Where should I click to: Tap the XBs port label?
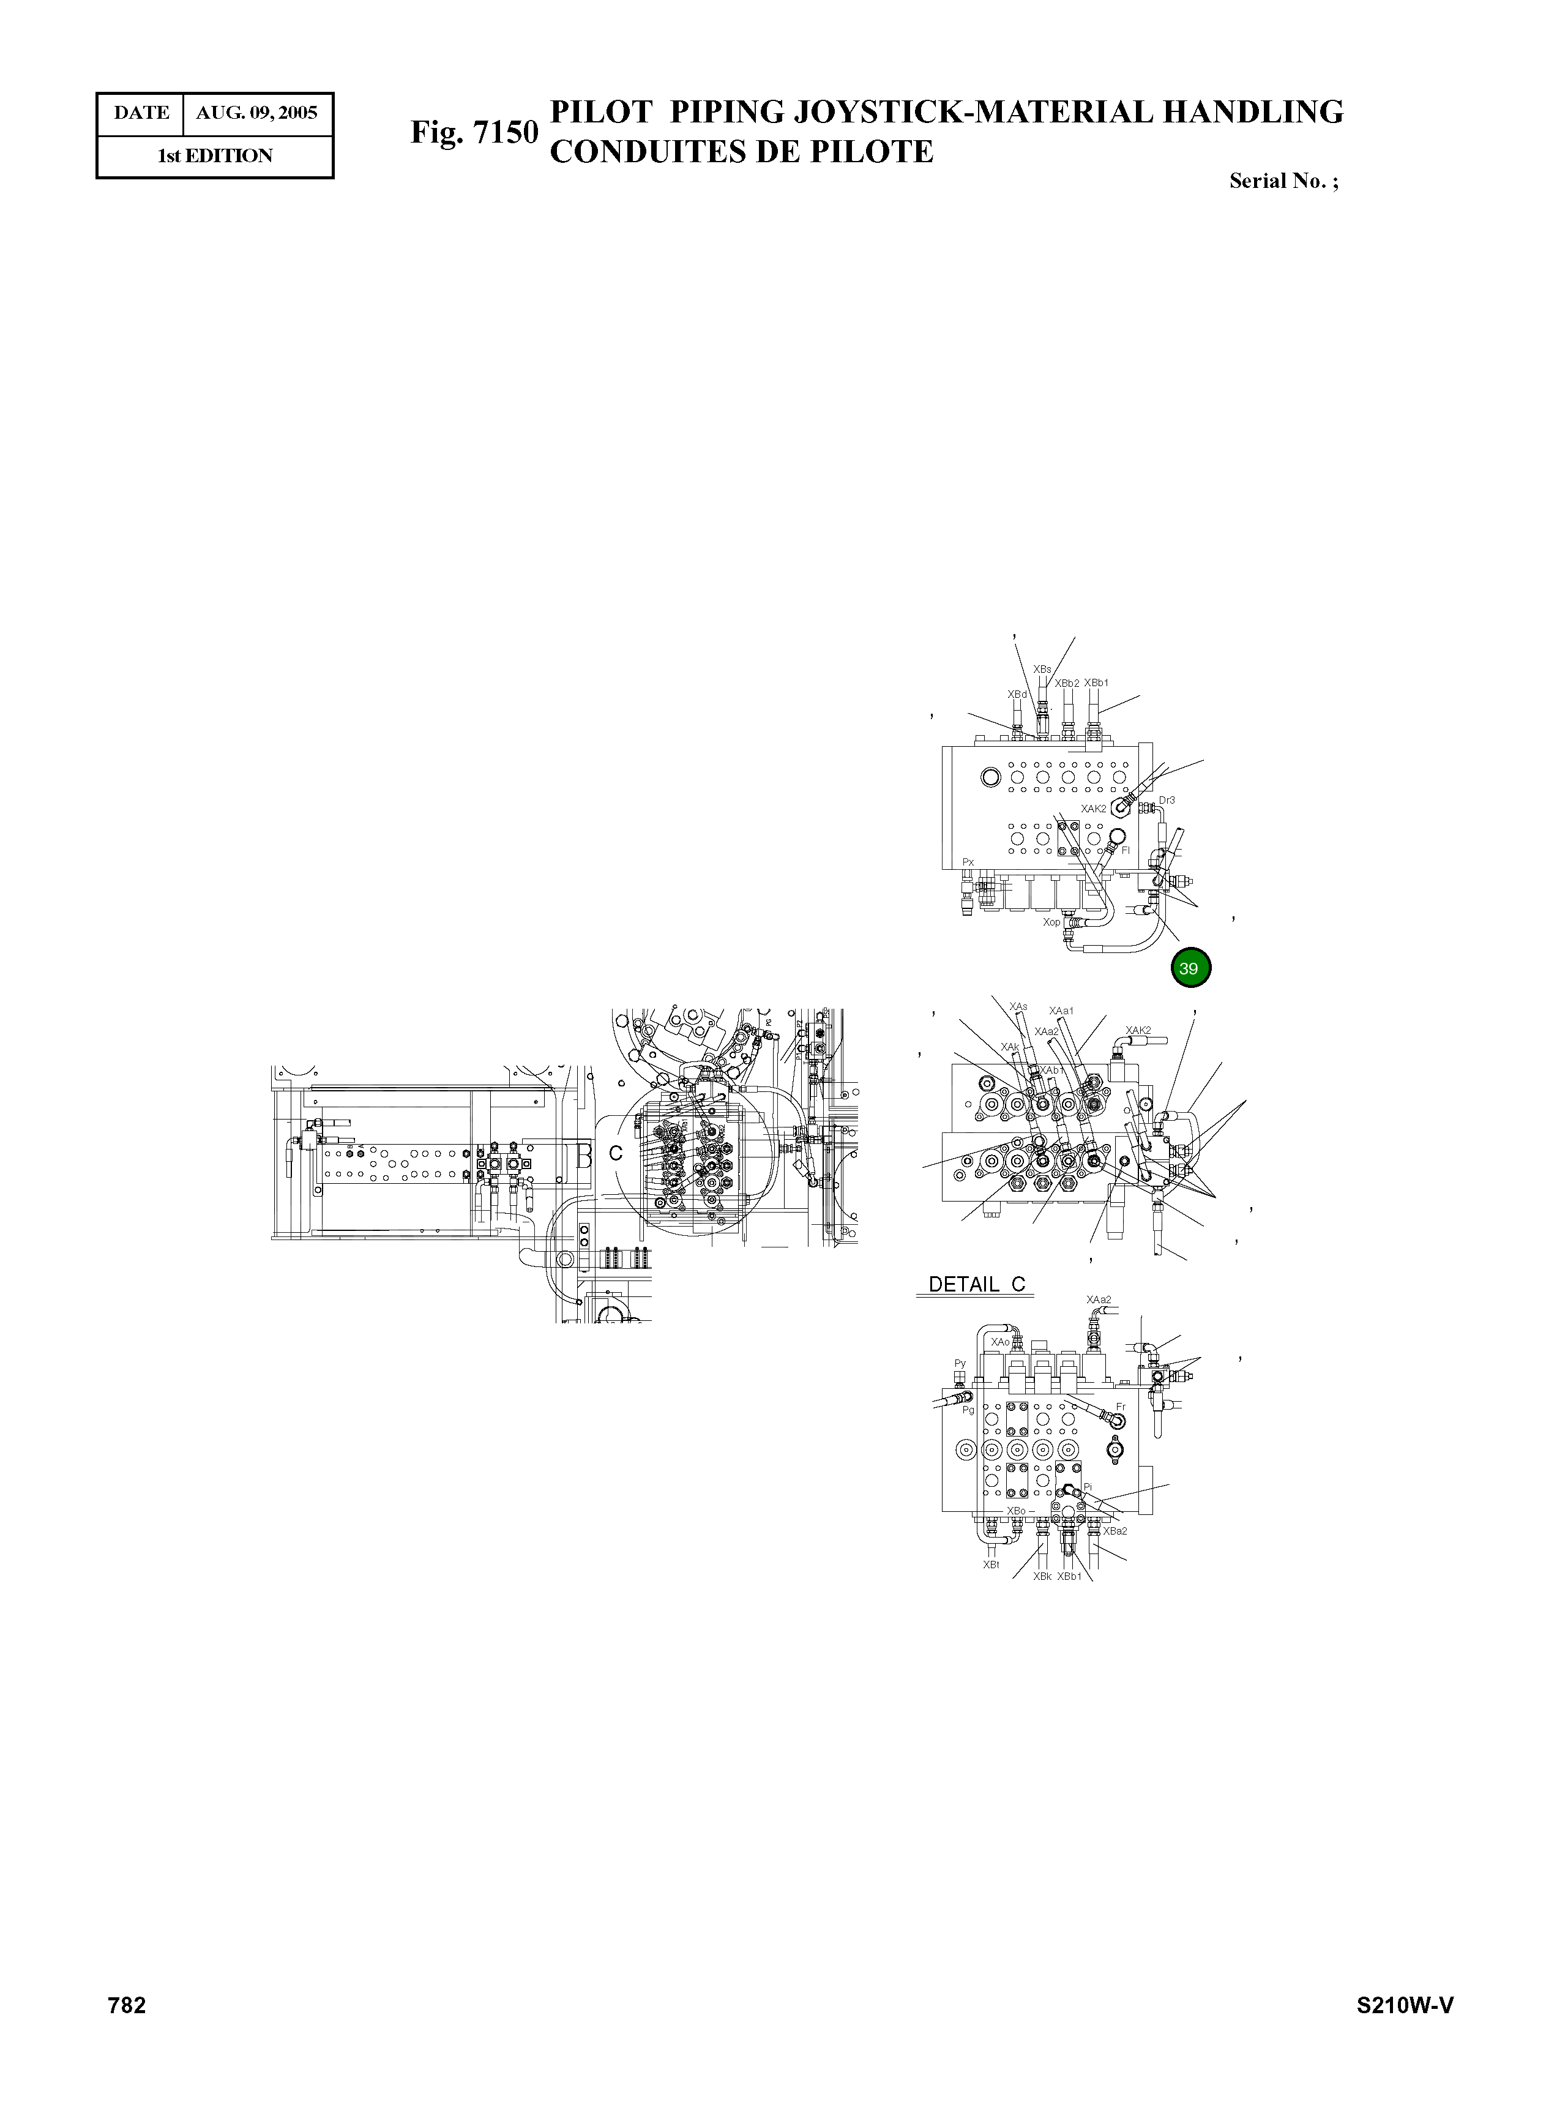pos(1042,669)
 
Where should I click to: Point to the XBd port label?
pos(1017,695)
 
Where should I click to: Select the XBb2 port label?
pos(1067,683)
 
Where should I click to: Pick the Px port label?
pos(969,861)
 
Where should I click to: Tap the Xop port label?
pos(1052,922)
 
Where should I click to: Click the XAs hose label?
pos(1018,1007)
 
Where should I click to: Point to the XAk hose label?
pos(1010,1047)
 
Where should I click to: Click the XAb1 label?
pos(1052,1070)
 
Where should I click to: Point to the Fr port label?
pos(1120,1407)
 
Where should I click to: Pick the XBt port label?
pos(991,1564)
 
